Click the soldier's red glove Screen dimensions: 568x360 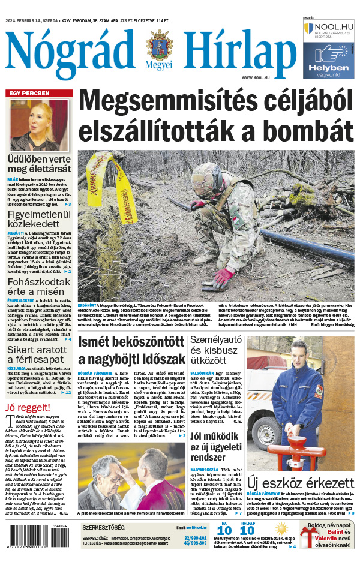(224, 275)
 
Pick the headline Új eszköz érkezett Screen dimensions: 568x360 (298, 482)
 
